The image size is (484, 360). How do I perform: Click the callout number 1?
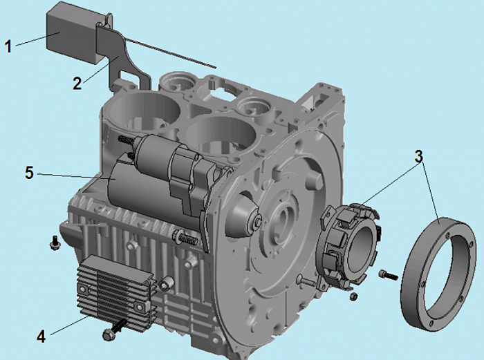[x=8, y=46]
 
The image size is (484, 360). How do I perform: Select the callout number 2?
[x=77, y=84]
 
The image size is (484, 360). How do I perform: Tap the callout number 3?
[x=418, y=156]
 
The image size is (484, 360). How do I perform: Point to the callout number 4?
[x=41, y=337]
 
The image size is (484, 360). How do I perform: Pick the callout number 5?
[x=29, y=173]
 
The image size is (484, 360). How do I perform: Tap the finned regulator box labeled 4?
[x=114, y=290]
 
